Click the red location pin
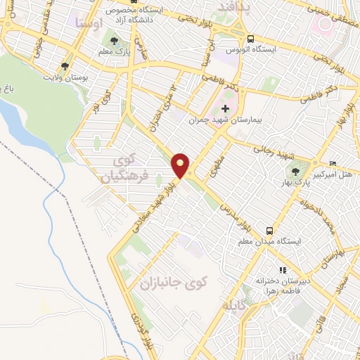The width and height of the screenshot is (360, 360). (181, 165)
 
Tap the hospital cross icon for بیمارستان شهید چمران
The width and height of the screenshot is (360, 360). (225, 108)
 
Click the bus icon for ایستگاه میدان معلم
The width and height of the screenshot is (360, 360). (270, 230)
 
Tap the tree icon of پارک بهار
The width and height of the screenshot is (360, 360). (295, 172)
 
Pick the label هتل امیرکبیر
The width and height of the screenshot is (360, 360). (342, 173)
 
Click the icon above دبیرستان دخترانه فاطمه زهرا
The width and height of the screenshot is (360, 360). (283, 270)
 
